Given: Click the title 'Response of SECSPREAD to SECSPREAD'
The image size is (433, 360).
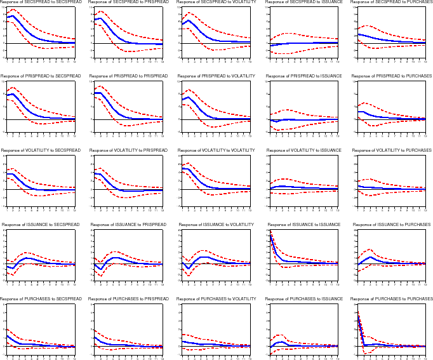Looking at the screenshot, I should coord(41,3).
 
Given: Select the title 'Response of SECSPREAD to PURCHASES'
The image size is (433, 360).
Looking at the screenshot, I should coord(392,3).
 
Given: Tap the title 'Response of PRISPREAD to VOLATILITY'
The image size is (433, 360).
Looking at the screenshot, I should coord(216,76).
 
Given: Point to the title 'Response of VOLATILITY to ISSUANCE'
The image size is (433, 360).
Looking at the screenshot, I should coord(305,150).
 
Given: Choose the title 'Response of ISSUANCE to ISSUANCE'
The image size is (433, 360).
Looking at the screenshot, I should coord(304,225).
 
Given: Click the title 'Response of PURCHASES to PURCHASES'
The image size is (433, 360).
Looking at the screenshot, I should coord(392,299).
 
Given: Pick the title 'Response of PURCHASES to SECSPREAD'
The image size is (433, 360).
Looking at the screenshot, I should coord(41,299).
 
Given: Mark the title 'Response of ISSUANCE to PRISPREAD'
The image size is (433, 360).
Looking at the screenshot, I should coord(129,225).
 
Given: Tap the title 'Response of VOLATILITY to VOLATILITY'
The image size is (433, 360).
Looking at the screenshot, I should coord(216,150).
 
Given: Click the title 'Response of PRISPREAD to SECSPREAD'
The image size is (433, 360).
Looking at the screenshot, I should coord(41,76).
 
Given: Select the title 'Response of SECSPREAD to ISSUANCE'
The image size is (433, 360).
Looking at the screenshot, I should coord(304,3).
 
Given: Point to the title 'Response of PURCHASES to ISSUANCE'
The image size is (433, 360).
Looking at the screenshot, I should coord(304,299).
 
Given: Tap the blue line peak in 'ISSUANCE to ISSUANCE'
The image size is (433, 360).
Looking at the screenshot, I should coord(270,236).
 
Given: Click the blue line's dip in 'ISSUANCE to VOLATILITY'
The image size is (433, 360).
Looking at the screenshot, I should coord(189,269).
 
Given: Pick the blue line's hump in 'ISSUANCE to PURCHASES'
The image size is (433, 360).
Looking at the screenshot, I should coord(370,257).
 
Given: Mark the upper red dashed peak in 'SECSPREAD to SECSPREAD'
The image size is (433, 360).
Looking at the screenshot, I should coord(13,10).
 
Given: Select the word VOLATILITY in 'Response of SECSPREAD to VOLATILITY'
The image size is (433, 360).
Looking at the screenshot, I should coord(239,3).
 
